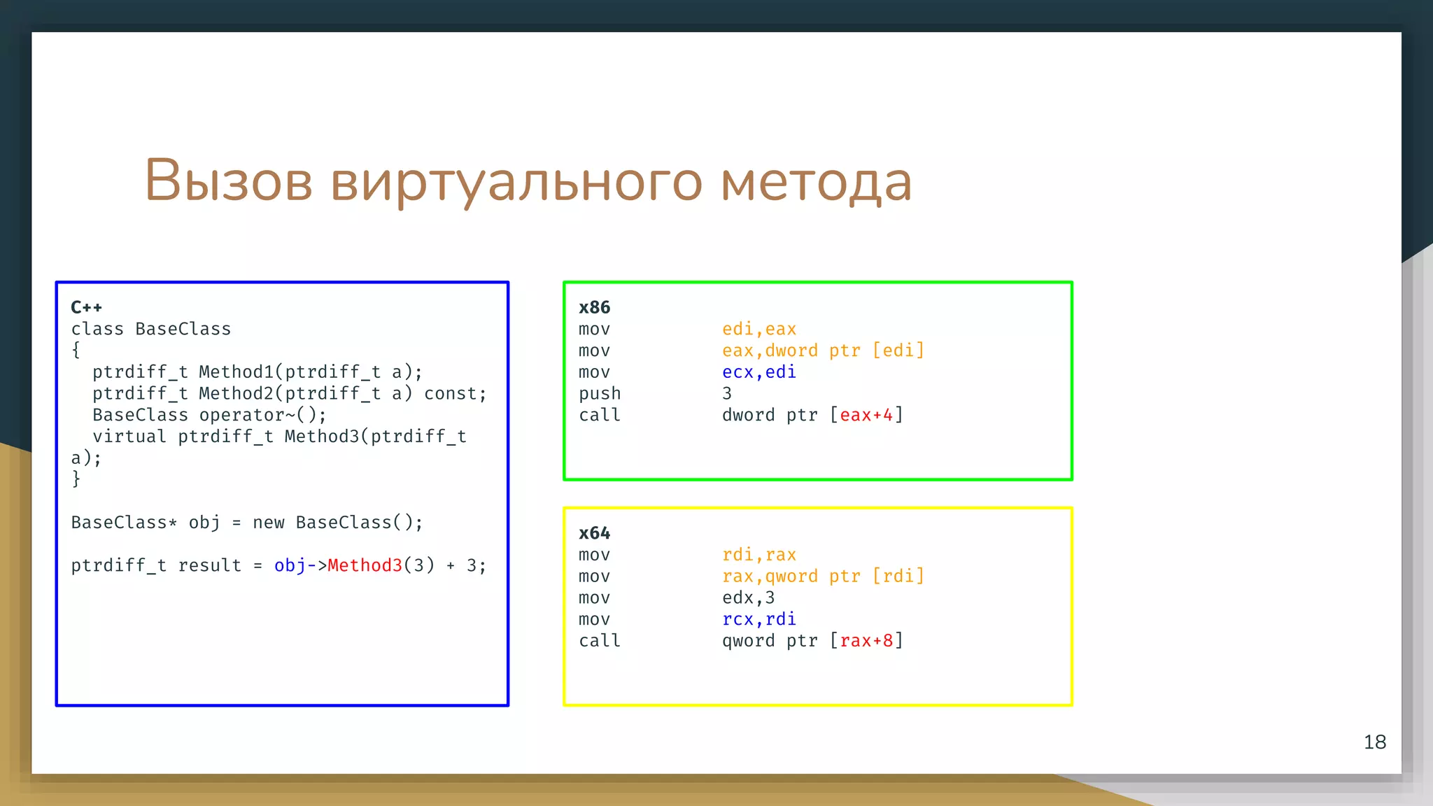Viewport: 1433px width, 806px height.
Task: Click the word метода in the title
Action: click(816, 181)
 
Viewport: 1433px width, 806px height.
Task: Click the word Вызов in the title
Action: click(228, 181)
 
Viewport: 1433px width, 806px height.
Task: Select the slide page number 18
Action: click(1374, 742)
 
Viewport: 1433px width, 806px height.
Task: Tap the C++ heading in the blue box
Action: click(86, 307)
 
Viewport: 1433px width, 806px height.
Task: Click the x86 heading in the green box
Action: click(594, 307)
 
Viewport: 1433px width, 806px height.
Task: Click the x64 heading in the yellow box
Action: click(594, 533)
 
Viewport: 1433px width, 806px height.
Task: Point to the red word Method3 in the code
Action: click(365, 565)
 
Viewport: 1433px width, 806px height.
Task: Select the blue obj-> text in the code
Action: click(300, 565)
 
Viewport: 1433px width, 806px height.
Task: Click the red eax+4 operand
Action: click(866, 415)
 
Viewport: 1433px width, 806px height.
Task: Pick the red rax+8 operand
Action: click(866, 641)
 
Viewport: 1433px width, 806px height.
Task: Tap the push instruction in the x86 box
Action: click(600, 394)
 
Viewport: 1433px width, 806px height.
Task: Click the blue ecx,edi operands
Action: click(758, 372)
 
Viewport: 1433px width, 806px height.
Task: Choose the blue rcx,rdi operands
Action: click(758, 619)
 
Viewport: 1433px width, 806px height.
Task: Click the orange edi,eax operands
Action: click(758, 329)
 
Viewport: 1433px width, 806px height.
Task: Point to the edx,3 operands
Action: click(748, 598)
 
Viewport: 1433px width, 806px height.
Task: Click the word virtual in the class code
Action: click(129, 437)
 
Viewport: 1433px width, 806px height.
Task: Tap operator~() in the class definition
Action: click(262, 415)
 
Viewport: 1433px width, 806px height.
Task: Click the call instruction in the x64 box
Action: click(600, 641)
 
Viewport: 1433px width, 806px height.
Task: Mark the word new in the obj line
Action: click(268, 523)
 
